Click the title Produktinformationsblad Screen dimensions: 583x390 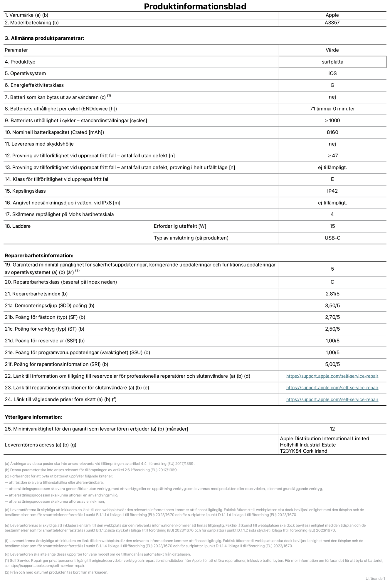(x=195, y=6)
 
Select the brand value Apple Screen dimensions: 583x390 (x=332, y=15)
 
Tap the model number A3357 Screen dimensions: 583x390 (x=332, y=23)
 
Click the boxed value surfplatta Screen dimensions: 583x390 (x=332, y=62)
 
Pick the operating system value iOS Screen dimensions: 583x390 (x=332, y=73)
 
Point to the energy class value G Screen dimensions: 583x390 (x=332, y=85)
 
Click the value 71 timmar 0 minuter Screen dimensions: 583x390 (x=332, y=109)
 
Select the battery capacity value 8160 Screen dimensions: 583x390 (x=332, y=132)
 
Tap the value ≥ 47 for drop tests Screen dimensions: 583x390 (x=332, y=156)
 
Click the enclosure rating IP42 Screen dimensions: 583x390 (x=332, y=191)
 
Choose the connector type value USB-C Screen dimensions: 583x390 (x=332, y=238)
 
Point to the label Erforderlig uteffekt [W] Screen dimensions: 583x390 (x=180, y=226)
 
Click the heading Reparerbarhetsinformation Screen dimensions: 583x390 (x=39, y=255)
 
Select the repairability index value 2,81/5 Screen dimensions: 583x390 (x=332, y=294)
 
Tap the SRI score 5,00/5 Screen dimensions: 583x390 (x=332, y=364)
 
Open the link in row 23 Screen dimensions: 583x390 (x=332, y=388)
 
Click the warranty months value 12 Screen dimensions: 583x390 (x=332, y=429)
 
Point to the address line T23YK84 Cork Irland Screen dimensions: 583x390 (x=303, y=451)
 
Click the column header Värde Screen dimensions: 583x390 (x=332, y=50)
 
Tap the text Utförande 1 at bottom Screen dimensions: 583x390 (x=375, y=578)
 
